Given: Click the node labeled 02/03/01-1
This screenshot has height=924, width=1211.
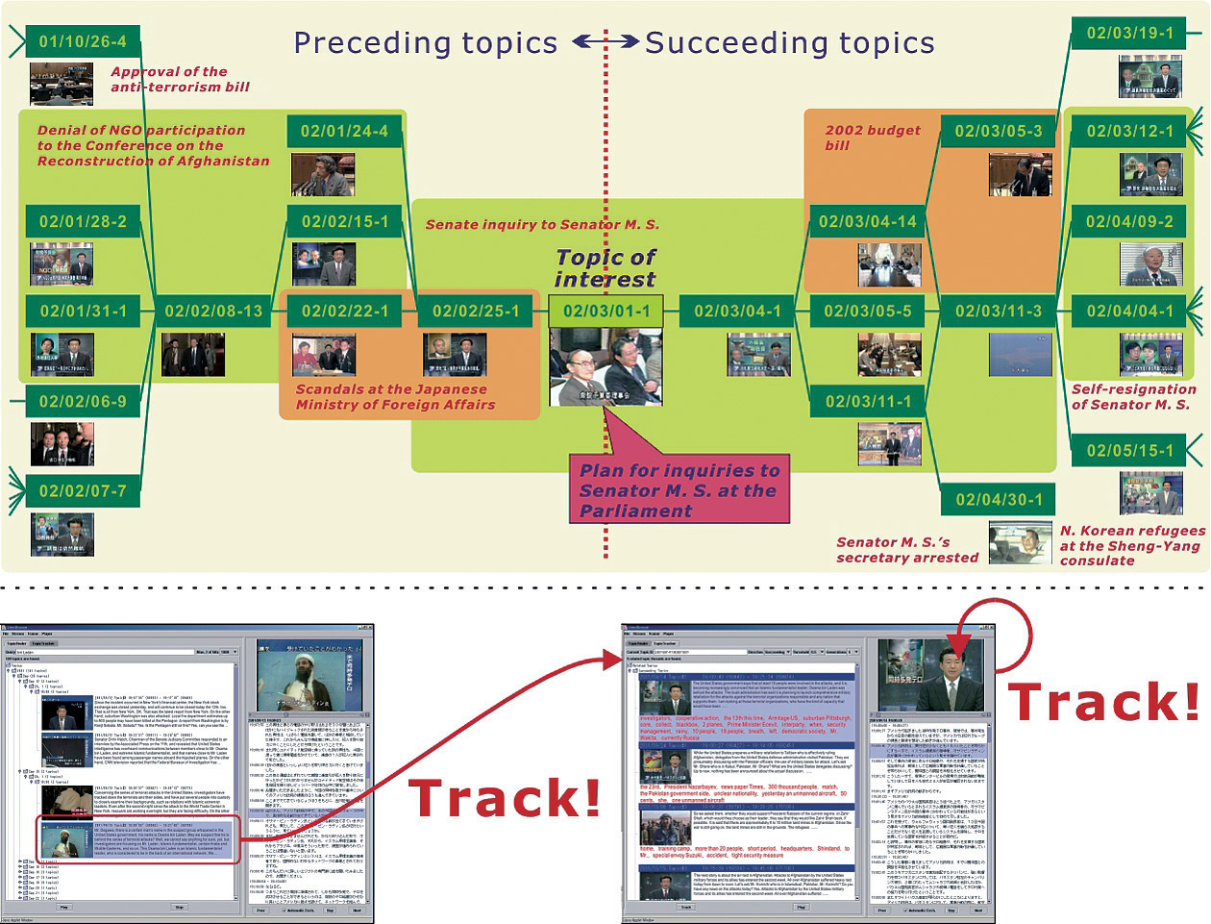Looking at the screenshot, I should pyautogui.click(x=605, y=311).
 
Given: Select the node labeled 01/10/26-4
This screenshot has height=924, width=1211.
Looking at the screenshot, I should pyautogui.click(x=82, y=41).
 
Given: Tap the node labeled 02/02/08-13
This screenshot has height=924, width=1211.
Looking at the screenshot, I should pyautogui.click(x=212, y=311).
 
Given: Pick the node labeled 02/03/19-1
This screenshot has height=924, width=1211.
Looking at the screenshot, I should pyautogui.click(x=1129, y=33).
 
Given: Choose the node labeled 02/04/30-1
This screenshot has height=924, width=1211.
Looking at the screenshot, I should pyautogui.click(x=999, y=499).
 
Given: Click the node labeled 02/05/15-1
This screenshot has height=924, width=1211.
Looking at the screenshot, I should pyautogui.click(x=1129, y=450).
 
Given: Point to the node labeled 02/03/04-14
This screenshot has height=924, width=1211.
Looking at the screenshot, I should pyautogui.click(x=867, y=221).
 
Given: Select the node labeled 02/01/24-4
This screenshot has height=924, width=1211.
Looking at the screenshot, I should pyautogui.click(x=344, y=131).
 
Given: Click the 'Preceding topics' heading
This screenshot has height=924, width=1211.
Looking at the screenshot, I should pyautogui.click(x=425, y=43).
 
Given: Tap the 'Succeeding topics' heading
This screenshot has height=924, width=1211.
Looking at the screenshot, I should pyautogui.click(x=789, y=43).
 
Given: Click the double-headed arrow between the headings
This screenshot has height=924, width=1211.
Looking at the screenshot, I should pyautogui.click(x=605, y=41).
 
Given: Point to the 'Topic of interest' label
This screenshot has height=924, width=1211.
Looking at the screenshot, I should pyautogui.click(x=605, y=268).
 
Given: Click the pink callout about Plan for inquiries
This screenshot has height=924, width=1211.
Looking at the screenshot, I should pyautogui.click(x=679, y=488).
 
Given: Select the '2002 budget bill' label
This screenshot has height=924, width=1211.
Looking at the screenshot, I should pyautogui.click(x=871, y=137).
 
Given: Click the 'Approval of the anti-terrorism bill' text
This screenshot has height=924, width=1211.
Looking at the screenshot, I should pyautogui.click(x=180, y=79).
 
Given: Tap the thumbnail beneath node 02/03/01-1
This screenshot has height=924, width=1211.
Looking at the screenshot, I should pyautogui.click(x=605, y=366).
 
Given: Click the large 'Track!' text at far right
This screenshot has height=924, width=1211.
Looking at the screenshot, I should pyautogui.click(x=1103, y=702).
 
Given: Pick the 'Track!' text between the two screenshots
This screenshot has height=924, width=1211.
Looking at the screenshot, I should pyautogui.click(x=505, y=798).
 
